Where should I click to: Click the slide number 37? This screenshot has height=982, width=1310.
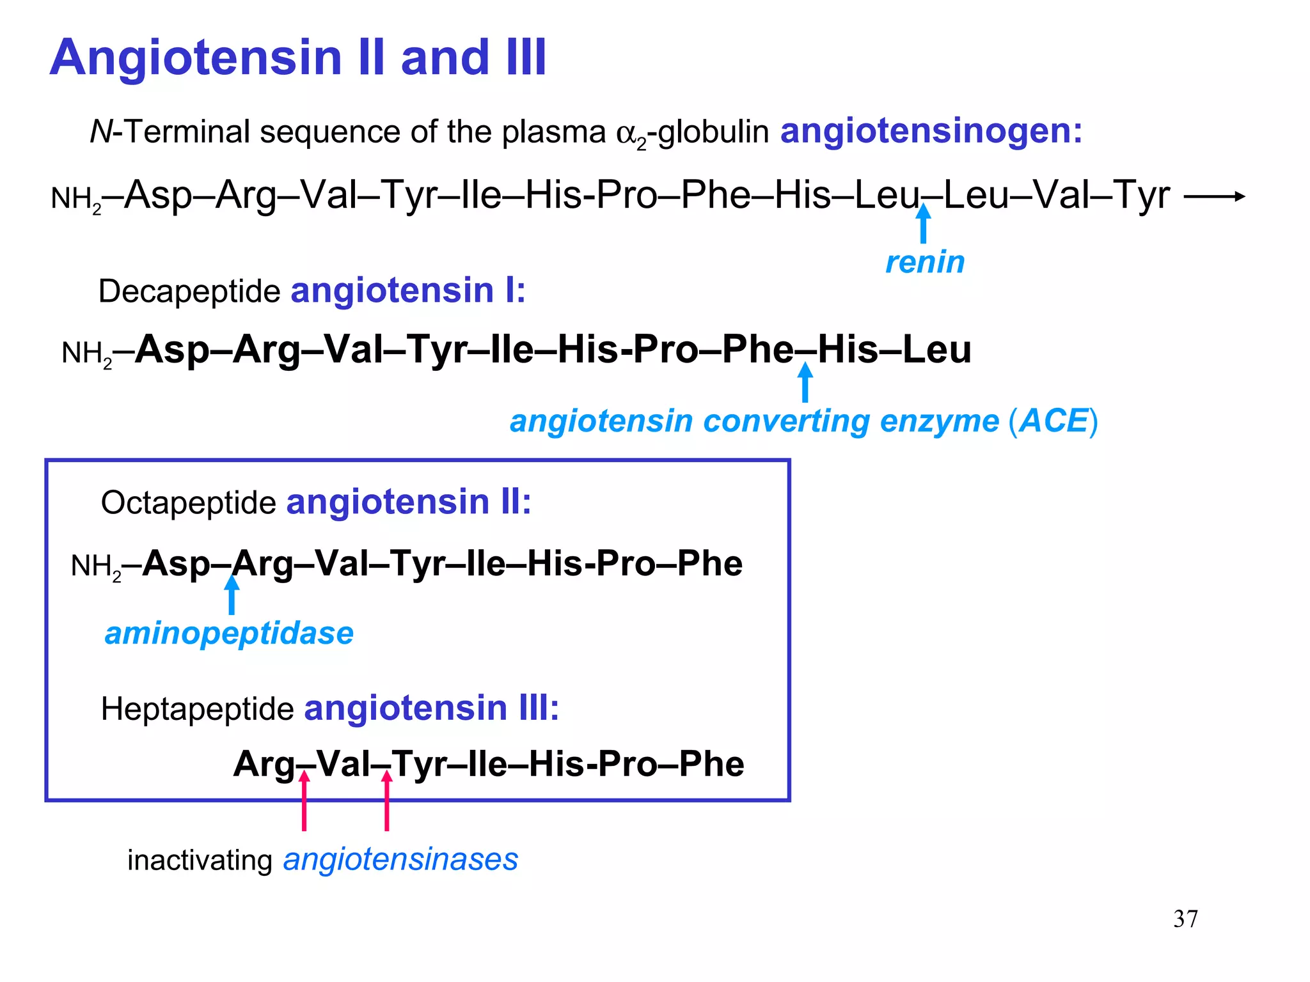(x=1185, y=919)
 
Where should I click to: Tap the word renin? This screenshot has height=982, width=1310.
(x=925, y=262)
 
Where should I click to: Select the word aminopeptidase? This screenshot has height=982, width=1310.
(x=229, y=634)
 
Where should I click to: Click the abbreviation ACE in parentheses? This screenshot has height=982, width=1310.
(x=1054, y=421)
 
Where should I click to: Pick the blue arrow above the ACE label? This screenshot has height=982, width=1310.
(x=805, y=382)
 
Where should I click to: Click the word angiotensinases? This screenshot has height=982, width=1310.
(x=400, y=859)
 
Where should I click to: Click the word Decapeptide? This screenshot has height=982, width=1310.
(x=189, y=292)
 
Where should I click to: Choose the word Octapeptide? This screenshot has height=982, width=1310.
(x=188, y=503)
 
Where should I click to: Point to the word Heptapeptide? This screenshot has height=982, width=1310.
(x=197, y=709)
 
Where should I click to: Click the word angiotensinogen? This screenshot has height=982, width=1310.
(x=931, y=131)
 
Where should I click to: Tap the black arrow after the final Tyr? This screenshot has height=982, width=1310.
(x=1214, y=196)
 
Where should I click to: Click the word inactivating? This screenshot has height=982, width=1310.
(x=200, y=860)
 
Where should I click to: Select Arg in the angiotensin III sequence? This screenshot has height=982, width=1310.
(x=264, y=764)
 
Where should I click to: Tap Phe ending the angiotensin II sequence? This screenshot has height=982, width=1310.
(x=709, y=564)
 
